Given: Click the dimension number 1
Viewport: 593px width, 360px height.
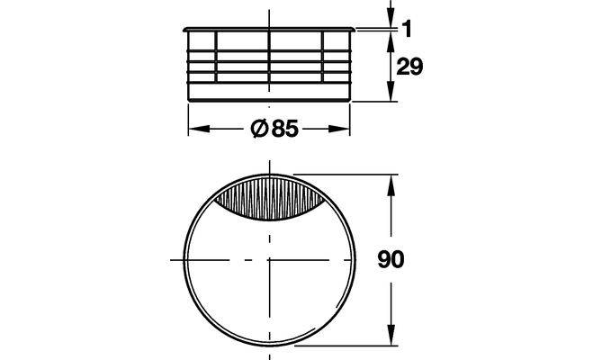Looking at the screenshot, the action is click(x=407, y=29).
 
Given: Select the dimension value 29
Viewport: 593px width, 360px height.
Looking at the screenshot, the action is click(x=409, y=67).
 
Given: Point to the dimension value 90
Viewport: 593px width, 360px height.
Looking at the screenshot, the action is click(x=391, y=259).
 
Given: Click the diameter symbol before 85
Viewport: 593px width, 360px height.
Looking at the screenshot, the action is click(x=259, y=129).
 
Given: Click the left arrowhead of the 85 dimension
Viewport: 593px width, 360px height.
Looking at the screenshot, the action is click(x=199, y=129).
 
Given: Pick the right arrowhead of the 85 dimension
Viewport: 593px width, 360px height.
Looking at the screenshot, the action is click(x=339, y=129).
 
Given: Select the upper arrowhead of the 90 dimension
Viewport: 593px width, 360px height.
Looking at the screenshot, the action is click(x=391, y=185).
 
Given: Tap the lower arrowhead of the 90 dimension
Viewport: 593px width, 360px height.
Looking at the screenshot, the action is click(x=391, y=335).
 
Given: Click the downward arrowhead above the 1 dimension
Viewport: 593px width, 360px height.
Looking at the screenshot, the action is click(x=391, y=16).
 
